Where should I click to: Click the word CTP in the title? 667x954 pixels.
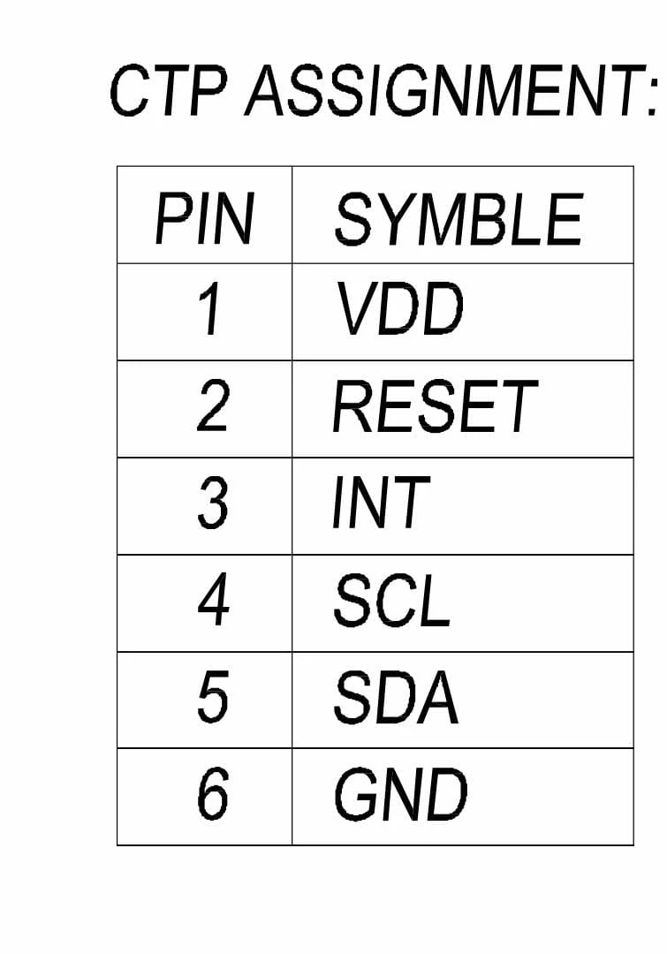(x=170, y=91)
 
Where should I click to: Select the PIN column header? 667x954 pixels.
(x=204, y=219)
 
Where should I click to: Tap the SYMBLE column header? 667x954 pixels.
(x=459, y=219)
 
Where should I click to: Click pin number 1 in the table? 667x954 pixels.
(x=208, y=309)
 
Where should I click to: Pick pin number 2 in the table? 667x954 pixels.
(x=212, y=405)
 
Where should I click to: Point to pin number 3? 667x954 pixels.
(x=212, y=503)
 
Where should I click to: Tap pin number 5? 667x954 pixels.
(x=213, y=697)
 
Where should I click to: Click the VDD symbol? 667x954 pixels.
(x=399, y=309)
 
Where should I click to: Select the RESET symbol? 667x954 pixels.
(x=436, y=405)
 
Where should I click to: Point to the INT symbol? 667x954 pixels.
(x=381, y=503)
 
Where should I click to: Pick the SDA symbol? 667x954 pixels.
(x=396, y=697)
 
